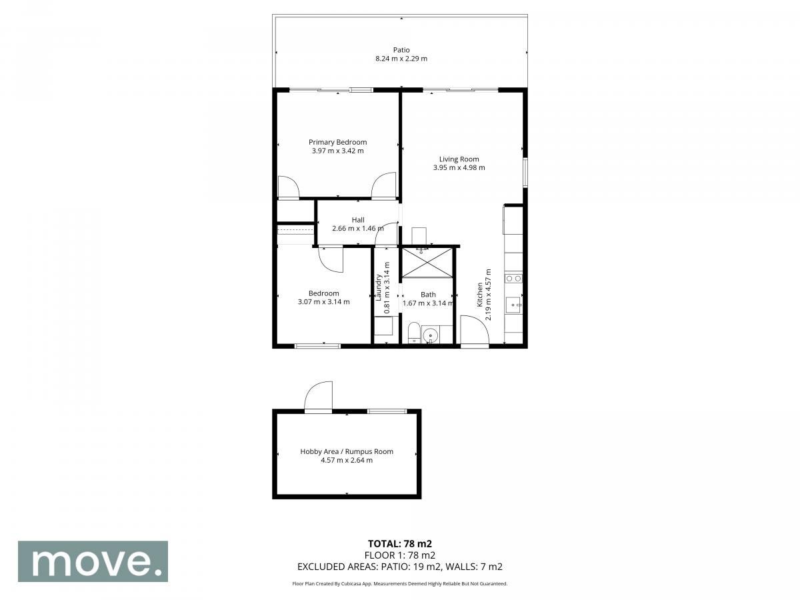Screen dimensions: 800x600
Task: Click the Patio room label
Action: pos(401,50)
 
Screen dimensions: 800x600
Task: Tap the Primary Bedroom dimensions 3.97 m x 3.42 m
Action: pos(337,151)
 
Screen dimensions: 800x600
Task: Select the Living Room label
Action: pos(459,159)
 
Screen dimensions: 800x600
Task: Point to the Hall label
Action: pos(358,220)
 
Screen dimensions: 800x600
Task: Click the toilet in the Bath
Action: pos(414,332)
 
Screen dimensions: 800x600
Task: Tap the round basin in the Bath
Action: pos(431,335)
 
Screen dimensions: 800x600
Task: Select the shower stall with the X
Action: pos(427,262)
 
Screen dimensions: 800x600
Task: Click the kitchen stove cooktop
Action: pos(513,279)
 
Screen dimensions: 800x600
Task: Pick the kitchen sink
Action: pos(513,305)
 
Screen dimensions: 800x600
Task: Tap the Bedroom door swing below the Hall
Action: pos(330,260)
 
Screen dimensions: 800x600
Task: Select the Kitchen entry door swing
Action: pos(475,329)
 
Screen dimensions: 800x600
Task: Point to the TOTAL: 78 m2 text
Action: pos(400,544)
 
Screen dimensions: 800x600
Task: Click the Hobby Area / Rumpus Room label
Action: pos(347,451)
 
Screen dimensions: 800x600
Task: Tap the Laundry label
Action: pos(378,287)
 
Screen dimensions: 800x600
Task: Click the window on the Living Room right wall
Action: pos(525,172)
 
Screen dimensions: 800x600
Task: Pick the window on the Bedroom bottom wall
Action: pos(317,346)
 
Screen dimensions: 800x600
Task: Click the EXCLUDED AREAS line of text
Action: pos(400,567)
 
